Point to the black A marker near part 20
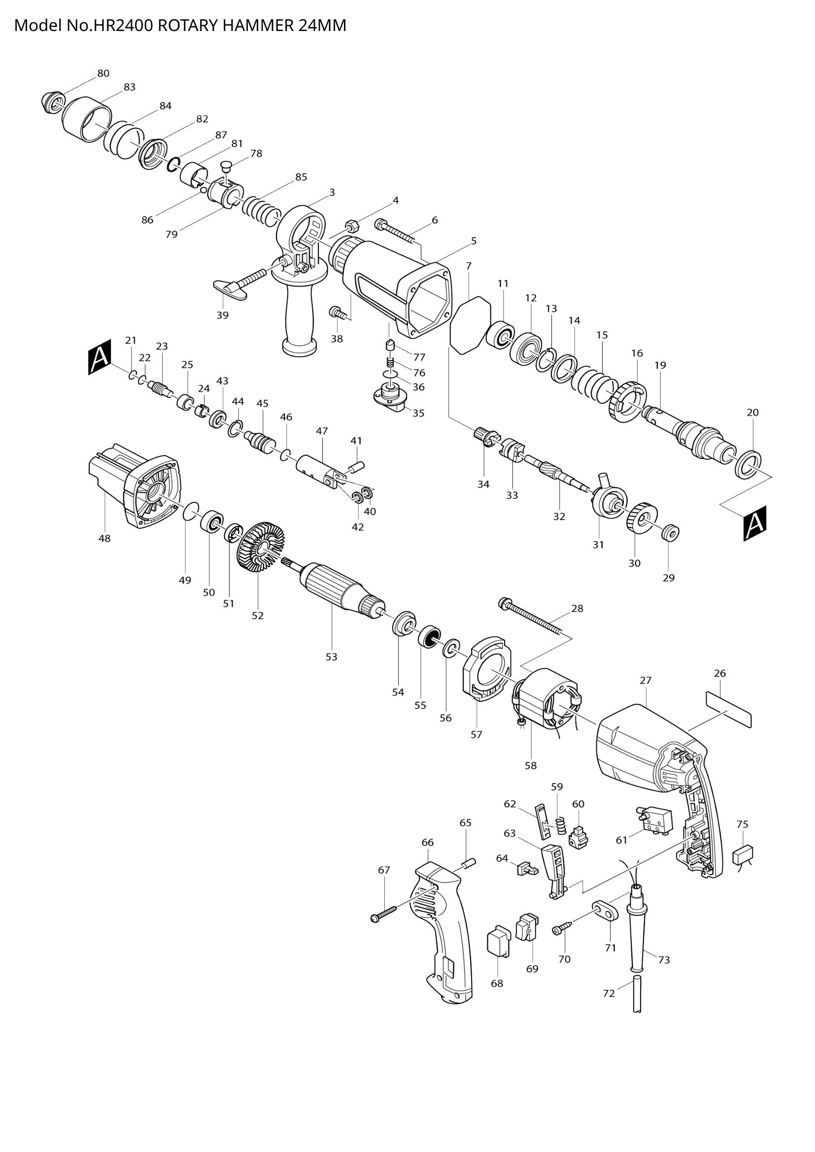tap(755, 524)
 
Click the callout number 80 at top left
tap(103, 73)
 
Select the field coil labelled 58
tap(547, 700)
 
